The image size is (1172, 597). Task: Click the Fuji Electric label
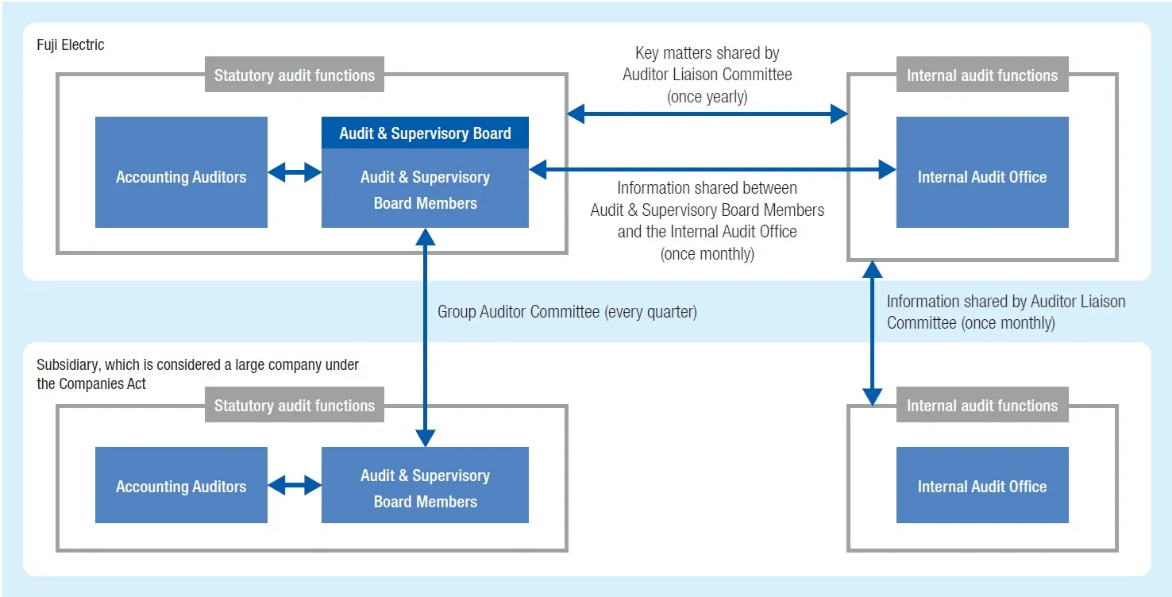coord(70,45)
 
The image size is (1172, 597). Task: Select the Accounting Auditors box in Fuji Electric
coord(181,173)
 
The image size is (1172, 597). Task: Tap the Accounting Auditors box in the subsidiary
coord(181,486)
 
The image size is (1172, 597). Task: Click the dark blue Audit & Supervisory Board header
coord(425,133)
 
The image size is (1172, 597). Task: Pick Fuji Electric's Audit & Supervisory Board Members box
coord(425,190)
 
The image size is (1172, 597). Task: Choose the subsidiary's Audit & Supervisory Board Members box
coord(425,487)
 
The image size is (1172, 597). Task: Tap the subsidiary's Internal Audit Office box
coord(982,486)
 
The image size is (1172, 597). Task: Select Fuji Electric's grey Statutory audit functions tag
coord(294,75)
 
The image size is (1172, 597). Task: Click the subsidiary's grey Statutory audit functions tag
coord(294,406)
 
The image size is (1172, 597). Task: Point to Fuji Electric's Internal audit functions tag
coord(982,75)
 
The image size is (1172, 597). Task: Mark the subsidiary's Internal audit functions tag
coord(982,406)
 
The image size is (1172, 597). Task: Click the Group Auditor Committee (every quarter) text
coord(567,312)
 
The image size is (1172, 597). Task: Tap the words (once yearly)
coord(707,98)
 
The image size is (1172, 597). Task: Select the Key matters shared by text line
coord(707,53)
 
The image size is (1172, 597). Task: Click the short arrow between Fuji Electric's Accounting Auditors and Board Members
coord(294,172)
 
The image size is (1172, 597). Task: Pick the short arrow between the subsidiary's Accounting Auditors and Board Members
coord(294,486)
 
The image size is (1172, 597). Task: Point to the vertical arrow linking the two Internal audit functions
coord(873,333)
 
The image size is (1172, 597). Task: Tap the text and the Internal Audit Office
coord(707,232)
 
